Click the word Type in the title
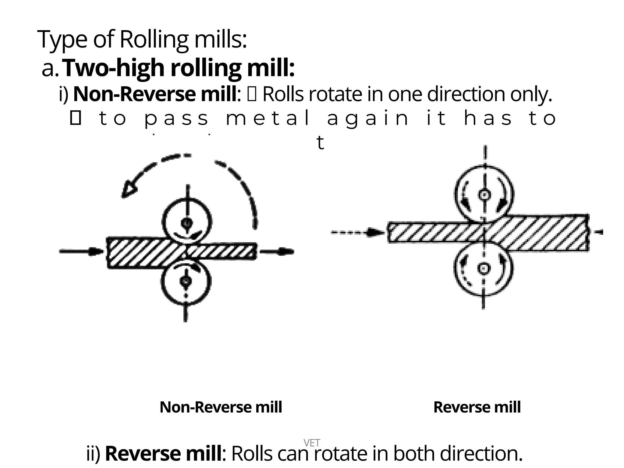pos(62,40)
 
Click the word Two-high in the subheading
pos(114,68)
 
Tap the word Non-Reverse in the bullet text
pos(134,94)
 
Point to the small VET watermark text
pos(312,443)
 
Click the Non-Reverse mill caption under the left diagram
pos(221,407)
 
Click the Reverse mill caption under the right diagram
pos(477,407)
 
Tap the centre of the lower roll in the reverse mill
pos(483,268)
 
